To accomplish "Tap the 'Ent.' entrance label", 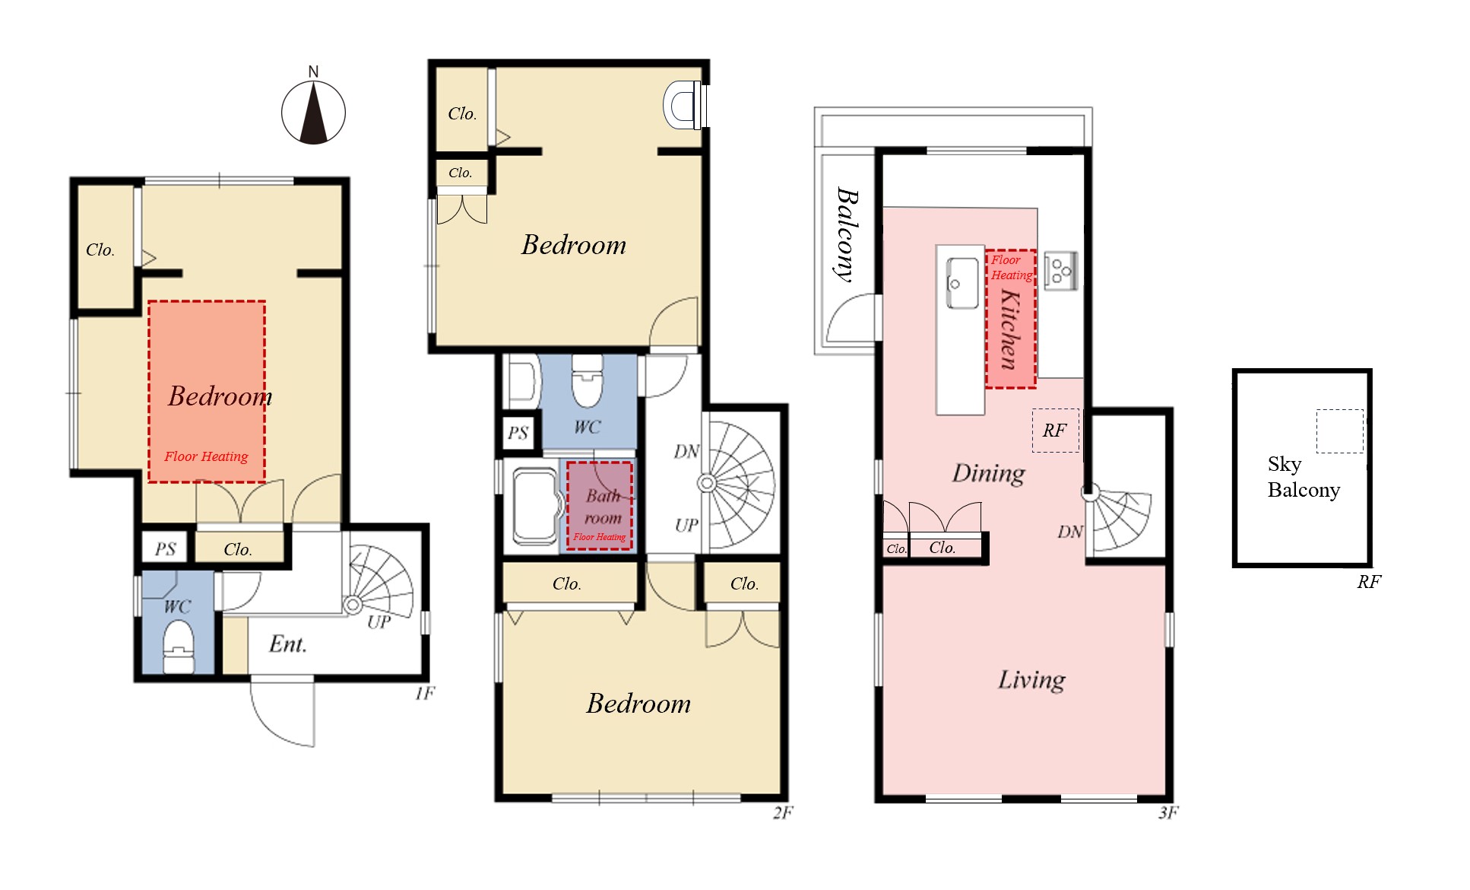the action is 288,644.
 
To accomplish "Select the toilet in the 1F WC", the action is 179,647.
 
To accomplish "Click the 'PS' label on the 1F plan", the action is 166,549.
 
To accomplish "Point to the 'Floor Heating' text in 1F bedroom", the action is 206,456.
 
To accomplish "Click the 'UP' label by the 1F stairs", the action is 379,621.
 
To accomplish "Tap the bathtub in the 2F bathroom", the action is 534,506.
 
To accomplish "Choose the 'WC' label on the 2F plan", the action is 587,428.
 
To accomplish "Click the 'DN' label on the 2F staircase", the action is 686,452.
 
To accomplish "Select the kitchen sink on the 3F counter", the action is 962,283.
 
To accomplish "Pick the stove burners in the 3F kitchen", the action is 1060,271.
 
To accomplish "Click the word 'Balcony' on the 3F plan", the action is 846,234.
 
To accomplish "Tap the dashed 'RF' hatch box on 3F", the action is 1055,431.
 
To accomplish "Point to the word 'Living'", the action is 1031,679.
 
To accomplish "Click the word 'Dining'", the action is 988,473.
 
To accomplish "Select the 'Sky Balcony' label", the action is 1304,477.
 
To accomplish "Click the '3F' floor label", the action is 1168,813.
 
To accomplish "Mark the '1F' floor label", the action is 425,693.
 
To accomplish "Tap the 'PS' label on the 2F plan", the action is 518,433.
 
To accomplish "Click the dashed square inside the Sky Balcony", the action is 1340,431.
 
